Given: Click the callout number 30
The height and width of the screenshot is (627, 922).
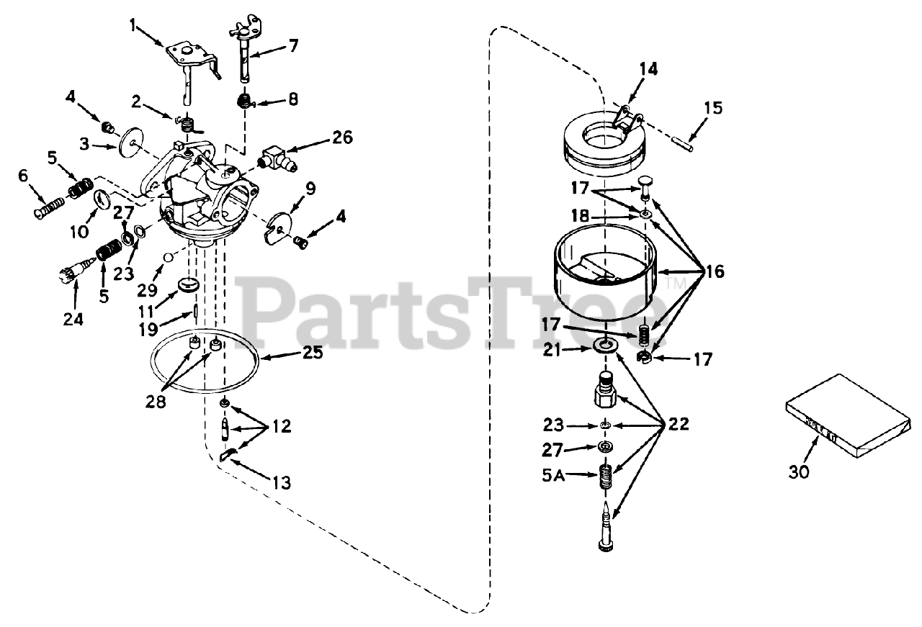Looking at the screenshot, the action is click(x=799, y=472).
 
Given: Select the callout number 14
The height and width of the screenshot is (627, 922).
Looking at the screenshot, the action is click(x=648, y=69).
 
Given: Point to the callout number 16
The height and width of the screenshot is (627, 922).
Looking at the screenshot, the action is click(x=715, y=271).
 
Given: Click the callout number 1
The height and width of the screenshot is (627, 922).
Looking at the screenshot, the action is click(x=133, y=25).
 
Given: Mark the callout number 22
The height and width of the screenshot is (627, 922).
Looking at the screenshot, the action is click(x=679, y=423).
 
